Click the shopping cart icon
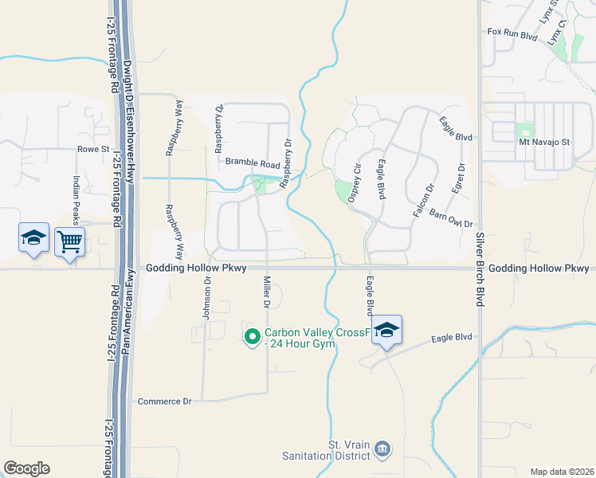tap(70, 239)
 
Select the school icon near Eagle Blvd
tap(386, 331)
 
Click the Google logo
tap(26, 468)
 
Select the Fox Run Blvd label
tap(514, 33)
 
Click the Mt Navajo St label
tap(546, 142)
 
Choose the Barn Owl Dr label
tap(451, 219)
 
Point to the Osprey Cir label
tap(355, 183)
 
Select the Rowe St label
tap(92, 149)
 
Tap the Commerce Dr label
tap(165, 401)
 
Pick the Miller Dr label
tap(267, 292)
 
